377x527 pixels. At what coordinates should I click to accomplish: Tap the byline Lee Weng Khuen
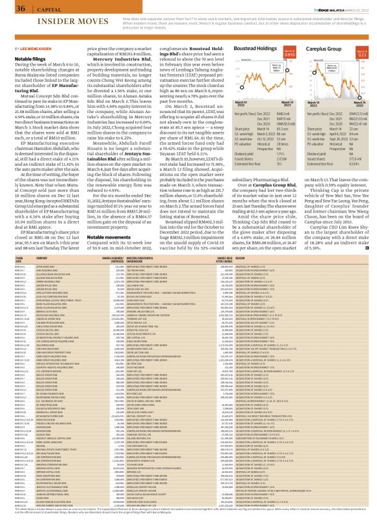(31, 49)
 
